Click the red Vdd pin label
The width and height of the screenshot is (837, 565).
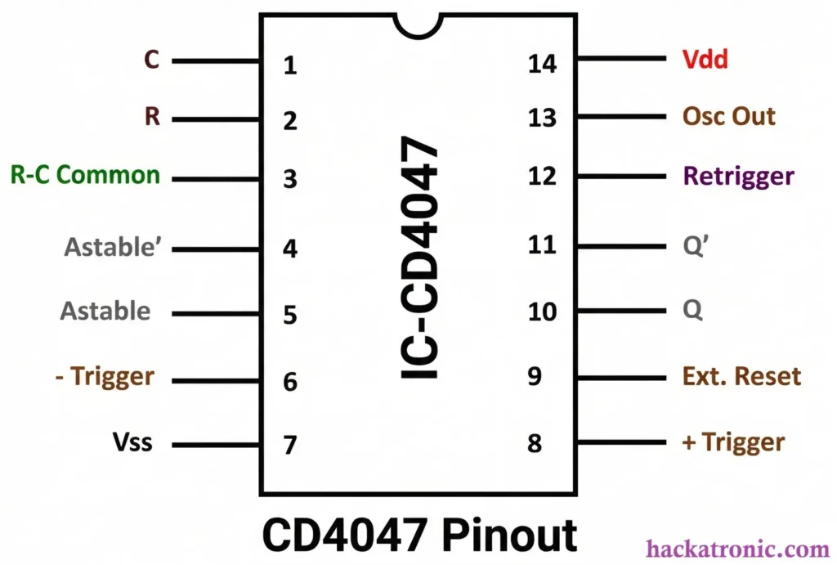click(x=705, y=60)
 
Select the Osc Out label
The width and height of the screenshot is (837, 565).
click(x=728, y=116)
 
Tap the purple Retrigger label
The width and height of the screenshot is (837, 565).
click(x=738, y=176)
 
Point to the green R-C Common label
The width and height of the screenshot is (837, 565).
click(x=85, y=175)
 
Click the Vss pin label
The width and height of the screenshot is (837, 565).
click(x=132, y=444)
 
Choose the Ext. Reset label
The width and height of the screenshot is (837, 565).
click(x=741, y=376)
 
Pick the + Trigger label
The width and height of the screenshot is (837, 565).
click(x=733, y=442)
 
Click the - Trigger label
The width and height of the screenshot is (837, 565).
click(x=106, y=377)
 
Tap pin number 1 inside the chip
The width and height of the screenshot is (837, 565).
click(x=289, y=65)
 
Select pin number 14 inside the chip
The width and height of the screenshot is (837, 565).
click(x=542, y=62)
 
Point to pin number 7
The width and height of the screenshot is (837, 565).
click(x=289, y=446)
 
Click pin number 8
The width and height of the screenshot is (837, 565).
click(x=535, y=443)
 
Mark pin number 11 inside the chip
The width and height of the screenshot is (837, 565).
click(x=542, y=244)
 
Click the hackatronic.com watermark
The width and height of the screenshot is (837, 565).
click(x=738, y=549)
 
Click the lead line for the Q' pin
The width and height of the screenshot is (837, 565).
click(x=621, y=245)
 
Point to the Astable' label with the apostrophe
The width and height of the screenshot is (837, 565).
click(x=115, y=246)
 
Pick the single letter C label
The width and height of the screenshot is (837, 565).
click(x=151, y=60)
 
